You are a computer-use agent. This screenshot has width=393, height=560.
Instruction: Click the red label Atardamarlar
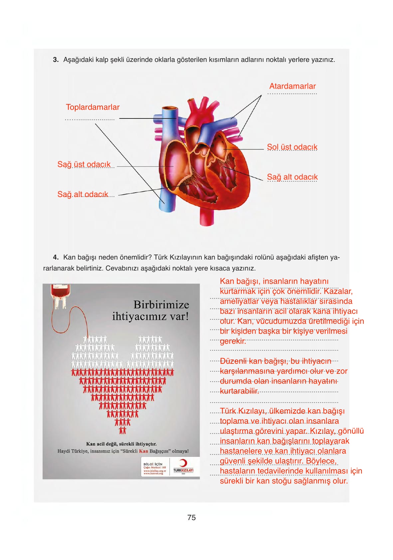(x=292, y=86)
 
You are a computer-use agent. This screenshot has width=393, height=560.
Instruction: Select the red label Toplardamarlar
(x=93, y=107)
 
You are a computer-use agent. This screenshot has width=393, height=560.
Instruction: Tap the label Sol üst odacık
(x=292, y=147)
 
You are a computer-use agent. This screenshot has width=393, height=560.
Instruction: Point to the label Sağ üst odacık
(x=84, y=164)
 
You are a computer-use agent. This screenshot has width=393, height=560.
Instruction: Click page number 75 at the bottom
(x=191, y=517)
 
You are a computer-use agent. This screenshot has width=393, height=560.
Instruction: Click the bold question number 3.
(x=56, y=60)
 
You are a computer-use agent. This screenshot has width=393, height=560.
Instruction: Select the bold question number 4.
(x=56, y=257)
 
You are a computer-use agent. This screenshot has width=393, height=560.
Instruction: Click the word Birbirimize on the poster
(x=161, y=305)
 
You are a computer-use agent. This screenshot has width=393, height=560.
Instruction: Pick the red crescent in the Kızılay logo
(x=183, y=463)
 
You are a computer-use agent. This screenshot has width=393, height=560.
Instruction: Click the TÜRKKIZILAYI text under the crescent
(x=183, y=470)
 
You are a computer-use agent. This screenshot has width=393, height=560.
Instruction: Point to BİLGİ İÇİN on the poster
(x=153, y=464)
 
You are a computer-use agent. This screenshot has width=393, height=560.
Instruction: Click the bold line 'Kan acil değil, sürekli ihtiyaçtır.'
(x=121, y=444)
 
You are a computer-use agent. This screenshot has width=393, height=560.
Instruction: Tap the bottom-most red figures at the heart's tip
(x=122, y=431)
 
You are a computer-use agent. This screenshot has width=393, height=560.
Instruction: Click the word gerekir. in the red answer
(x=233, y=341)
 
